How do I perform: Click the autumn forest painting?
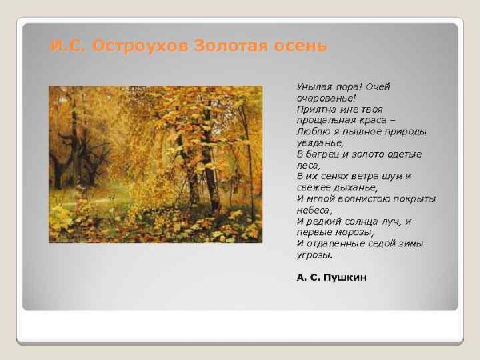tap(155, 164)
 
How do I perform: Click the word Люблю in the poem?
tap(310, 130)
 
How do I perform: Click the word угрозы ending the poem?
tap(314, 255)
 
